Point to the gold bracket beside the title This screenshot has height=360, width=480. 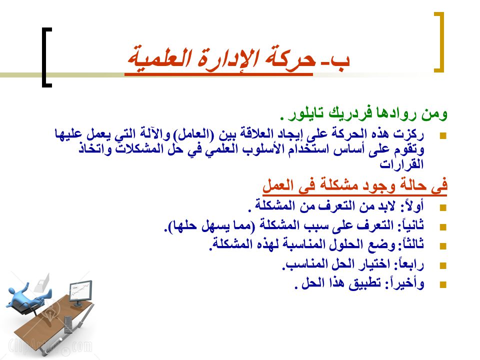point(438,42)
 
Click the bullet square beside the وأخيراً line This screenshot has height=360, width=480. point(442,284)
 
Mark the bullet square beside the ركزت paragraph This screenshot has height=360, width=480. point(442,135)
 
